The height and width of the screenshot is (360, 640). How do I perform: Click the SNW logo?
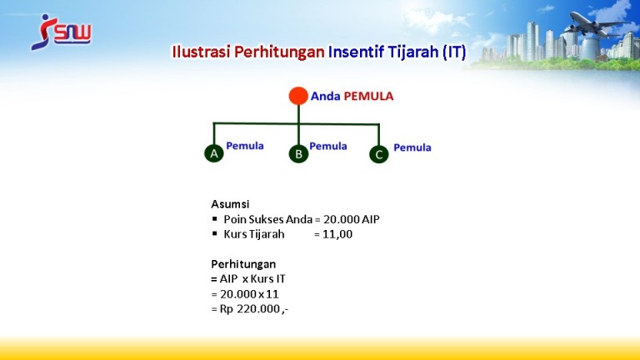(61, 32)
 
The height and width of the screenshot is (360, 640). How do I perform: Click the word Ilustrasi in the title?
(201, 52)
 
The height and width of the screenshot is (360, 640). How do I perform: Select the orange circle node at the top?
(298, 96)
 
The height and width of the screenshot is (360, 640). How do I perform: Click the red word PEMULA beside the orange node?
(368, 97)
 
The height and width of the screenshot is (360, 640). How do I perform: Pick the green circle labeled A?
(214, 153)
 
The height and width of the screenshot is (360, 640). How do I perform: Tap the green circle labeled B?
(298, 154)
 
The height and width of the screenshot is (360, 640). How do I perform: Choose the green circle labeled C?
(379, 154)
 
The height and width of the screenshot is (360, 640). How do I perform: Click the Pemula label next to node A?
(245, 146)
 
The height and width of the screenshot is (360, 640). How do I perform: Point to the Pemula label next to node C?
(412, 147)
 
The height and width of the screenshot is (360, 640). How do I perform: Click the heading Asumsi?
(230, 204)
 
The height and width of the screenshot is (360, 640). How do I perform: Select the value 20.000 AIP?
(352, 219)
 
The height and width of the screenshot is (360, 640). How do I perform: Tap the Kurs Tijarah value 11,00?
(337, 234)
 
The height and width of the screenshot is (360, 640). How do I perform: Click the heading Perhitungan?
(243, 264)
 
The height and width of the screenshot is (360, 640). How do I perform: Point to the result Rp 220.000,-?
(254, 309)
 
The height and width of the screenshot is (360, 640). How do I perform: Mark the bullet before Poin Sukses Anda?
(215, 219)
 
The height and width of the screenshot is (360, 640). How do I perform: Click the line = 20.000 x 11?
(245, 294)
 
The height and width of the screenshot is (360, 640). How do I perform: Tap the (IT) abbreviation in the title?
(454, 52)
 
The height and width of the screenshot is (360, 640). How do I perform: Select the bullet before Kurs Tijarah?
(215, 233)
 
